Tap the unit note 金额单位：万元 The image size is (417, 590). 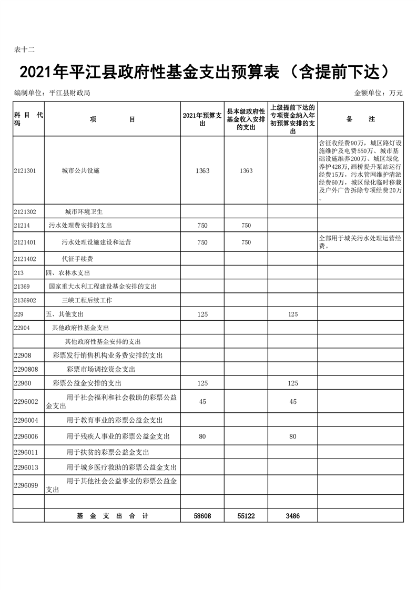click(x=378, y=93)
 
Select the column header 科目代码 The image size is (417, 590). click(x=28, y=119)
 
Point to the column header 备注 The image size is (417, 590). click(x=360, y=119)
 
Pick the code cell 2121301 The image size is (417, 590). click(x=25, y=171)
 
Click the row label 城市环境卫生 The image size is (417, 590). click(x=84, y=212)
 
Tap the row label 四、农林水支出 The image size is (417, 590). click(x=68, y=273)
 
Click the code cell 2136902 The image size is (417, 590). click(x=25, y=300)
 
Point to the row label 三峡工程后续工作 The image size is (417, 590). click(x=87, y=300)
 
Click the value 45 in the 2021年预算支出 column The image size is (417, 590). click(x=202, y=402)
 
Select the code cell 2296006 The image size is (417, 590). click(x=26, y=436)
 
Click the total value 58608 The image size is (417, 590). click(x=202, y=516)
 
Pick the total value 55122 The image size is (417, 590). click(x=246, y=516)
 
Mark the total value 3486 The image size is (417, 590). click(x=292, y=516)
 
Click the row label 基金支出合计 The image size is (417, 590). click(x=112, y=516)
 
